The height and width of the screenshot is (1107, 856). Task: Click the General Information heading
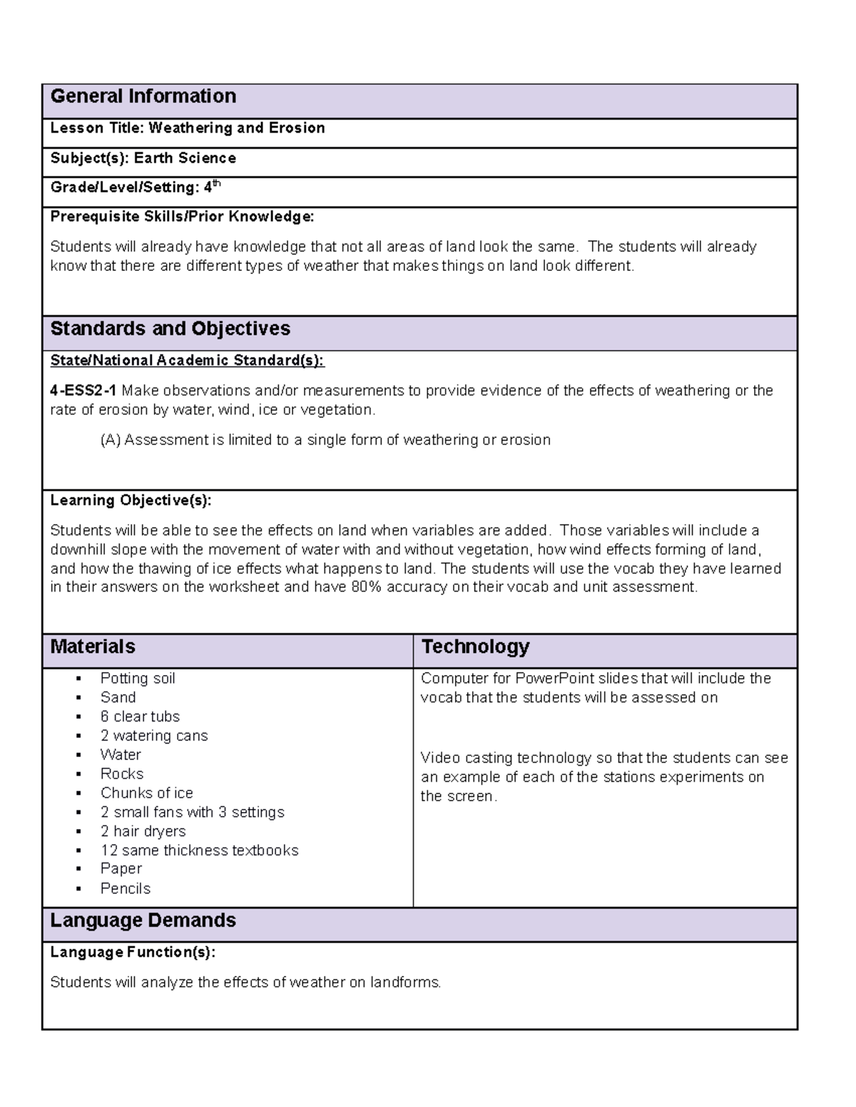pos(143,96)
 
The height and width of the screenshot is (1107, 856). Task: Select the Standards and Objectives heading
pos(170,329)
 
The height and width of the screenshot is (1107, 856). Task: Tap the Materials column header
pos(93,647)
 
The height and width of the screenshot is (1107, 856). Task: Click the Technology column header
pos(475,647)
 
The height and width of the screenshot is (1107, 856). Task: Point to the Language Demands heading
pos(143,920)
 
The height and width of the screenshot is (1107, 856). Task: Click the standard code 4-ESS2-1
pos(83,391)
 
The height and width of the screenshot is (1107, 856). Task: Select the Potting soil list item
pos(138,678)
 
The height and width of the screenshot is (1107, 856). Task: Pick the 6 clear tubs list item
pos(140,716)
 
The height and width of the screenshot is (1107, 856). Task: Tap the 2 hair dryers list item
pos(143,831)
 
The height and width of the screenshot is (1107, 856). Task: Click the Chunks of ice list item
pos(146,793)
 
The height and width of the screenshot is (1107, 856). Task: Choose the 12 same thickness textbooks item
pos(199,850)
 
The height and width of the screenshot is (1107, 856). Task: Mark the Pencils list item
pos(126,888)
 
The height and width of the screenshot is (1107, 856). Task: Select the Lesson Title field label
pos(97,128)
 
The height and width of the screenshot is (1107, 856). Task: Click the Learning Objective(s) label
pos(131,500)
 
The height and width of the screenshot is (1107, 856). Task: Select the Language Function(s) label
pos(132,952)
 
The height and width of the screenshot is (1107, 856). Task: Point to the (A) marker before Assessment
pos(111,440)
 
